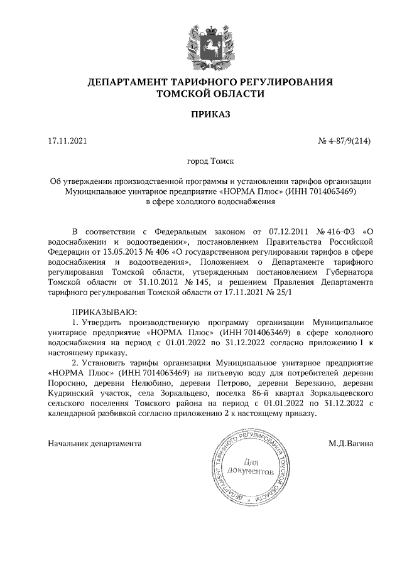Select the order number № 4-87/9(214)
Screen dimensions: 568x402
[346, 141]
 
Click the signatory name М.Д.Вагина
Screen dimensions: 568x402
[350, 444]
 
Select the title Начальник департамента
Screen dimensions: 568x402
[95, 444]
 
